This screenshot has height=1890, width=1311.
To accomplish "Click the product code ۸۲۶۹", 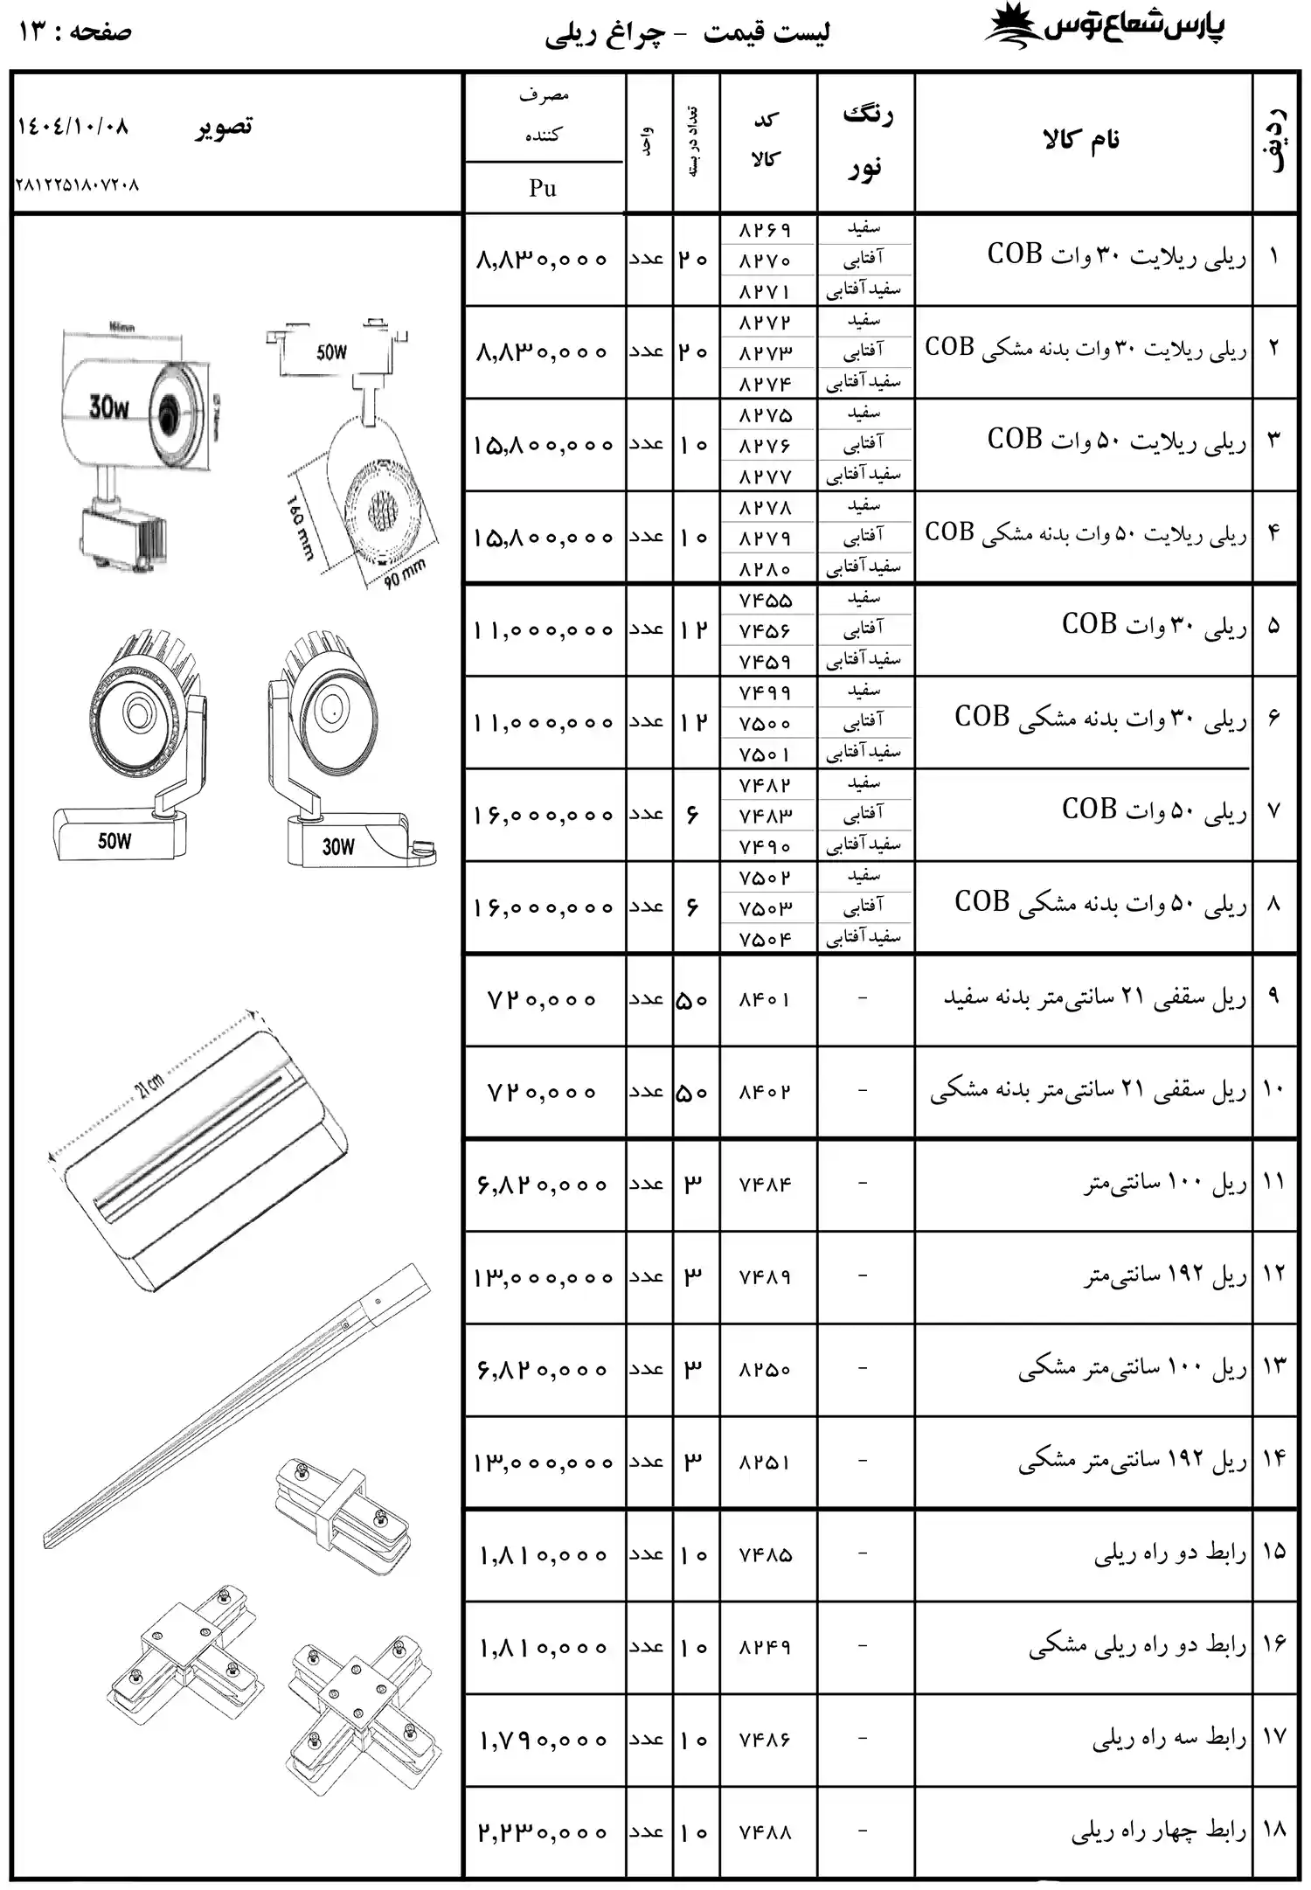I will pos(765,230).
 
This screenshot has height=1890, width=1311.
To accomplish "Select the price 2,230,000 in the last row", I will pos(542,1831).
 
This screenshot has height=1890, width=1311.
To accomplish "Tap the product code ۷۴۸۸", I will pos(765,1831).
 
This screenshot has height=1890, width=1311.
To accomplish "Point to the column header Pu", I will pos(543,188).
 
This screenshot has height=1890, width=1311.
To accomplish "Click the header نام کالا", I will pos(1081,140).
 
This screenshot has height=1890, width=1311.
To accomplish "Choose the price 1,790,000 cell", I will pos(542,1740).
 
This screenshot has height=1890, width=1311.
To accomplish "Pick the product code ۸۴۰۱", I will pos(765,999).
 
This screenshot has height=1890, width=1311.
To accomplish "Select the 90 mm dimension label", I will pos(405,573).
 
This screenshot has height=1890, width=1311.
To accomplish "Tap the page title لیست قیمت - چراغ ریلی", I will pos(687,33).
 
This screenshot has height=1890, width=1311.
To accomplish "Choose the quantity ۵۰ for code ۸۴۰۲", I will pos(693,1092).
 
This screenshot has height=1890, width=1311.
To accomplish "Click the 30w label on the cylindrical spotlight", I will pos(109,406).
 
